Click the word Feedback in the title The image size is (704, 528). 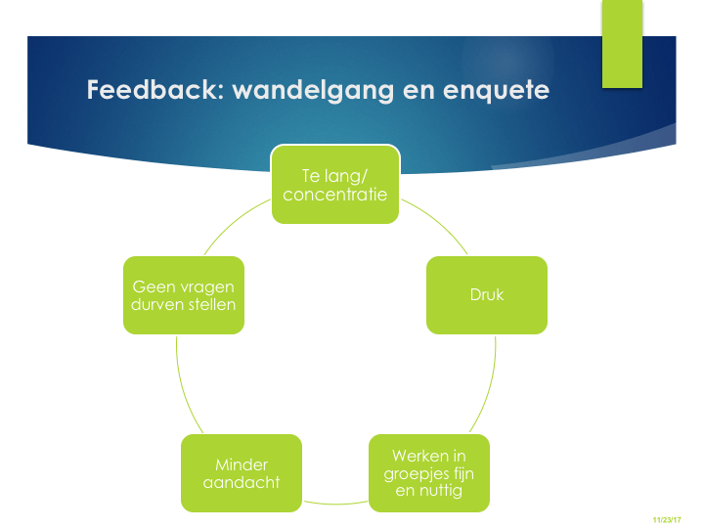(x=146, y=91)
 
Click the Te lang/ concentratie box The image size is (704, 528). (x=334, y=184)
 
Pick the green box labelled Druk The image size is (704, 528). (x=486, y=294)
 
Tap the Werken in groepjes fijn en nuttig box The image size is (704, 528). (x=428, y=473)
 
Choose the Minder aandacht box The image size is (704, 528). (x=241, y=473)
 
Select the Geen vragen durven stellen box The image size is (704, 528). (x=184, y=294)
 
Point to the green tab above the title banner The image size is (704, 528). (x=622, y=43)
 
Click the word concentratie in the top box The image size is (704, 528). (x=335, y=195)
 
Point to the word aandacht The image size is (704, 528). (x=241, y=482)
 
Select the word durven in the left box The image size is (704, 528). (x=159, y=304)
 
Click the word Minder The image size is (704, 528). (x=241, y=464)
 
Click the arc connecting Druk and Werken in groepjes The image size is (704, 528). (x=488, y=391)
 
